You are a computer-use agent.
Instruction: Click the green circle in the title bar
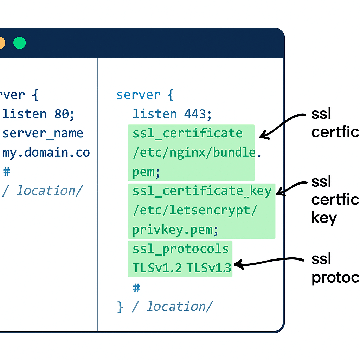pos(20,43)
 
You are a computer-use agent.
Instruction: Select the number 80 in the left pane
pos(62,114)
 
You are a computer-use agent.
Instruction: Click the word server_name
pos(43,134)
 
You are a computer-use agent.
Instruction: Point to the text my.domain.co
pos(46,153)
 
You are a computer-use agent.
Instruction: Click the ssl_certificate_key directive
pos(202,191)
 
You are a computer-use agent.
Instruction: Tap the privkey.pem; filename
pos(175,230)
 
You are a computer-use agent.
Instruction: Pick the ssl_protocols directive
pos(181,249)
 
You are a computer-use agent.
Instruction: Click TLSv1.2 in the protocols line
pos(157,268)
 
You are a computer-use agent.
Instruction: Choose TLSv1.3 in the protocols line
pos(209,268)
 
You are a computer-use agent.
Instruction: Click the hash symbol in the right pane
pos(136,288)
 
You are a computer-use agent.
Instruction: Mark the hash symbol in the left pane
pos(7,172)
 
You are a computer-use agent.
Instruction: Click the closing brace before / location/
pos(120,307)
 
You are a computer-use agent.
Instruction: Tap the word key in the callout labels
pos(324,218)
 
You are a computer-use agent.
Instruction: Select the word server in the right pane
pos(138,95)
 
